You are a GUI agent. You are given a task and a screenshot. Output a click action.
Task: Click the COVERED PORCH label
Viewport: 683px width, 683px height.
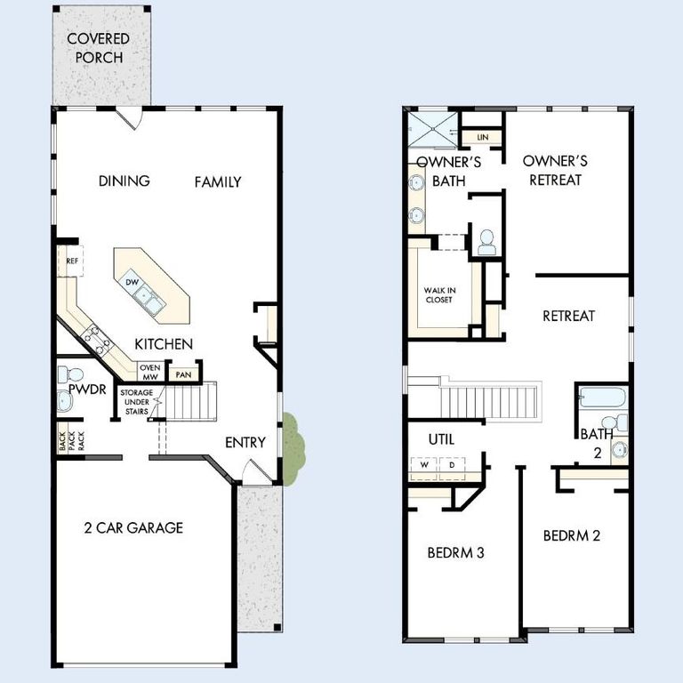(x=98, y=48)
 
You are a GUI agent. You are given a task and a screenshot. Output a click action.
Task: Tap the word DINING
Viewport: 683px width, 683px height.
(x=124, y=181)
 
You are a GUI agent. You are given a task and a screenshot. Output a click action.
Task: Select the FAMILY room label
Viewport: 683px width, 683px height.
(x=218, y=182)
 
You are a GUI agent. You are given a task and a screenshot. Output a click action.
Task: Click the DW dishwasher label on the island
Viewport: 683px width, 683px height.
(x=132, y=282)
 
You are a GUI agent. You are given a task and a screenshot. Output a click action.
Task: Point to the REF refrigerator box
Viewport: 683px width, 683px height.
(x=71, y=261)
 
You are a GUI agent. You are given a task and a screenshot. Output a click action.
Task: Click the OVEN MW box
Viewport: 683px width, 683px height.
(x=149, y=372)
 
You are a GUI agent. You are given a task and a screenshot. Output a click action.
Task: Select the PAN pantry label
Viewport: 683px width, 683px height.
(x=183, y=374)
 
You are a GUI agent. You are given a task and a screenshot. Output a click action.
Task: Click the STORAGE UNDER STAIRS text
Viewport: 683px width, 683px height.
(x=136, y=402)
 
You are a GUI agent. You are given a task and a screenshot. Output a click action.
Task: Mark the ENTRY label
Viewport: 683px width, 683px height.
(x=245, y=442)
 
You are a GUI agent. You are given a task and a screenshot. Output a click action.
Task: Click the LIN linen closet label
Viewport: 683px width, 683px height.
(x=482, y=137)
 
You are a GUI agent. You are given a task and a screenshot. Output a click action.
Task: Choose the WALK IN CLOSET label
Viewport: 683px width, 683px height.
(x=438, y=295)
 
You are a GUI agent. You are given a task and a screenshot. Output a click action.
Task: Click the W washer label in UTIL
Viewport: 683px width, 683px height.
(x=424, y=465)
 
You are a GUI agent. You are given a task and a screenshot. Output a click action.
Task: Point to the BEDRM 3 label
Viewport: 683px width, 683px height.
(x=454, y=552)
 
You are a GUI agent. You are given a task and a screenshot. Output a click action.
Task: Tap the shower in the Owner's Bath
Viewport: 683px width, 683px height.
(x=430, y=126)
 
